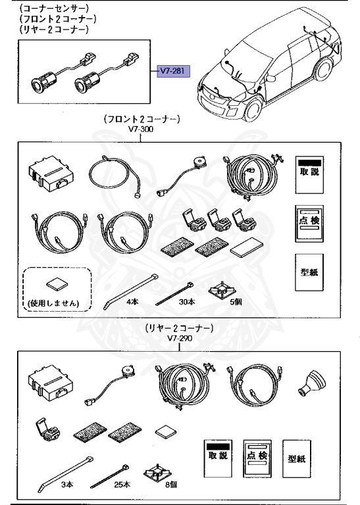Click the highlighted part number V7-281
click(173, 71)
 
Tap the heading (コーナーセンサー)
click(54, 9)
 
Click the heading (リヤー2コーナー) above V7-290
click(177, 327)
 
